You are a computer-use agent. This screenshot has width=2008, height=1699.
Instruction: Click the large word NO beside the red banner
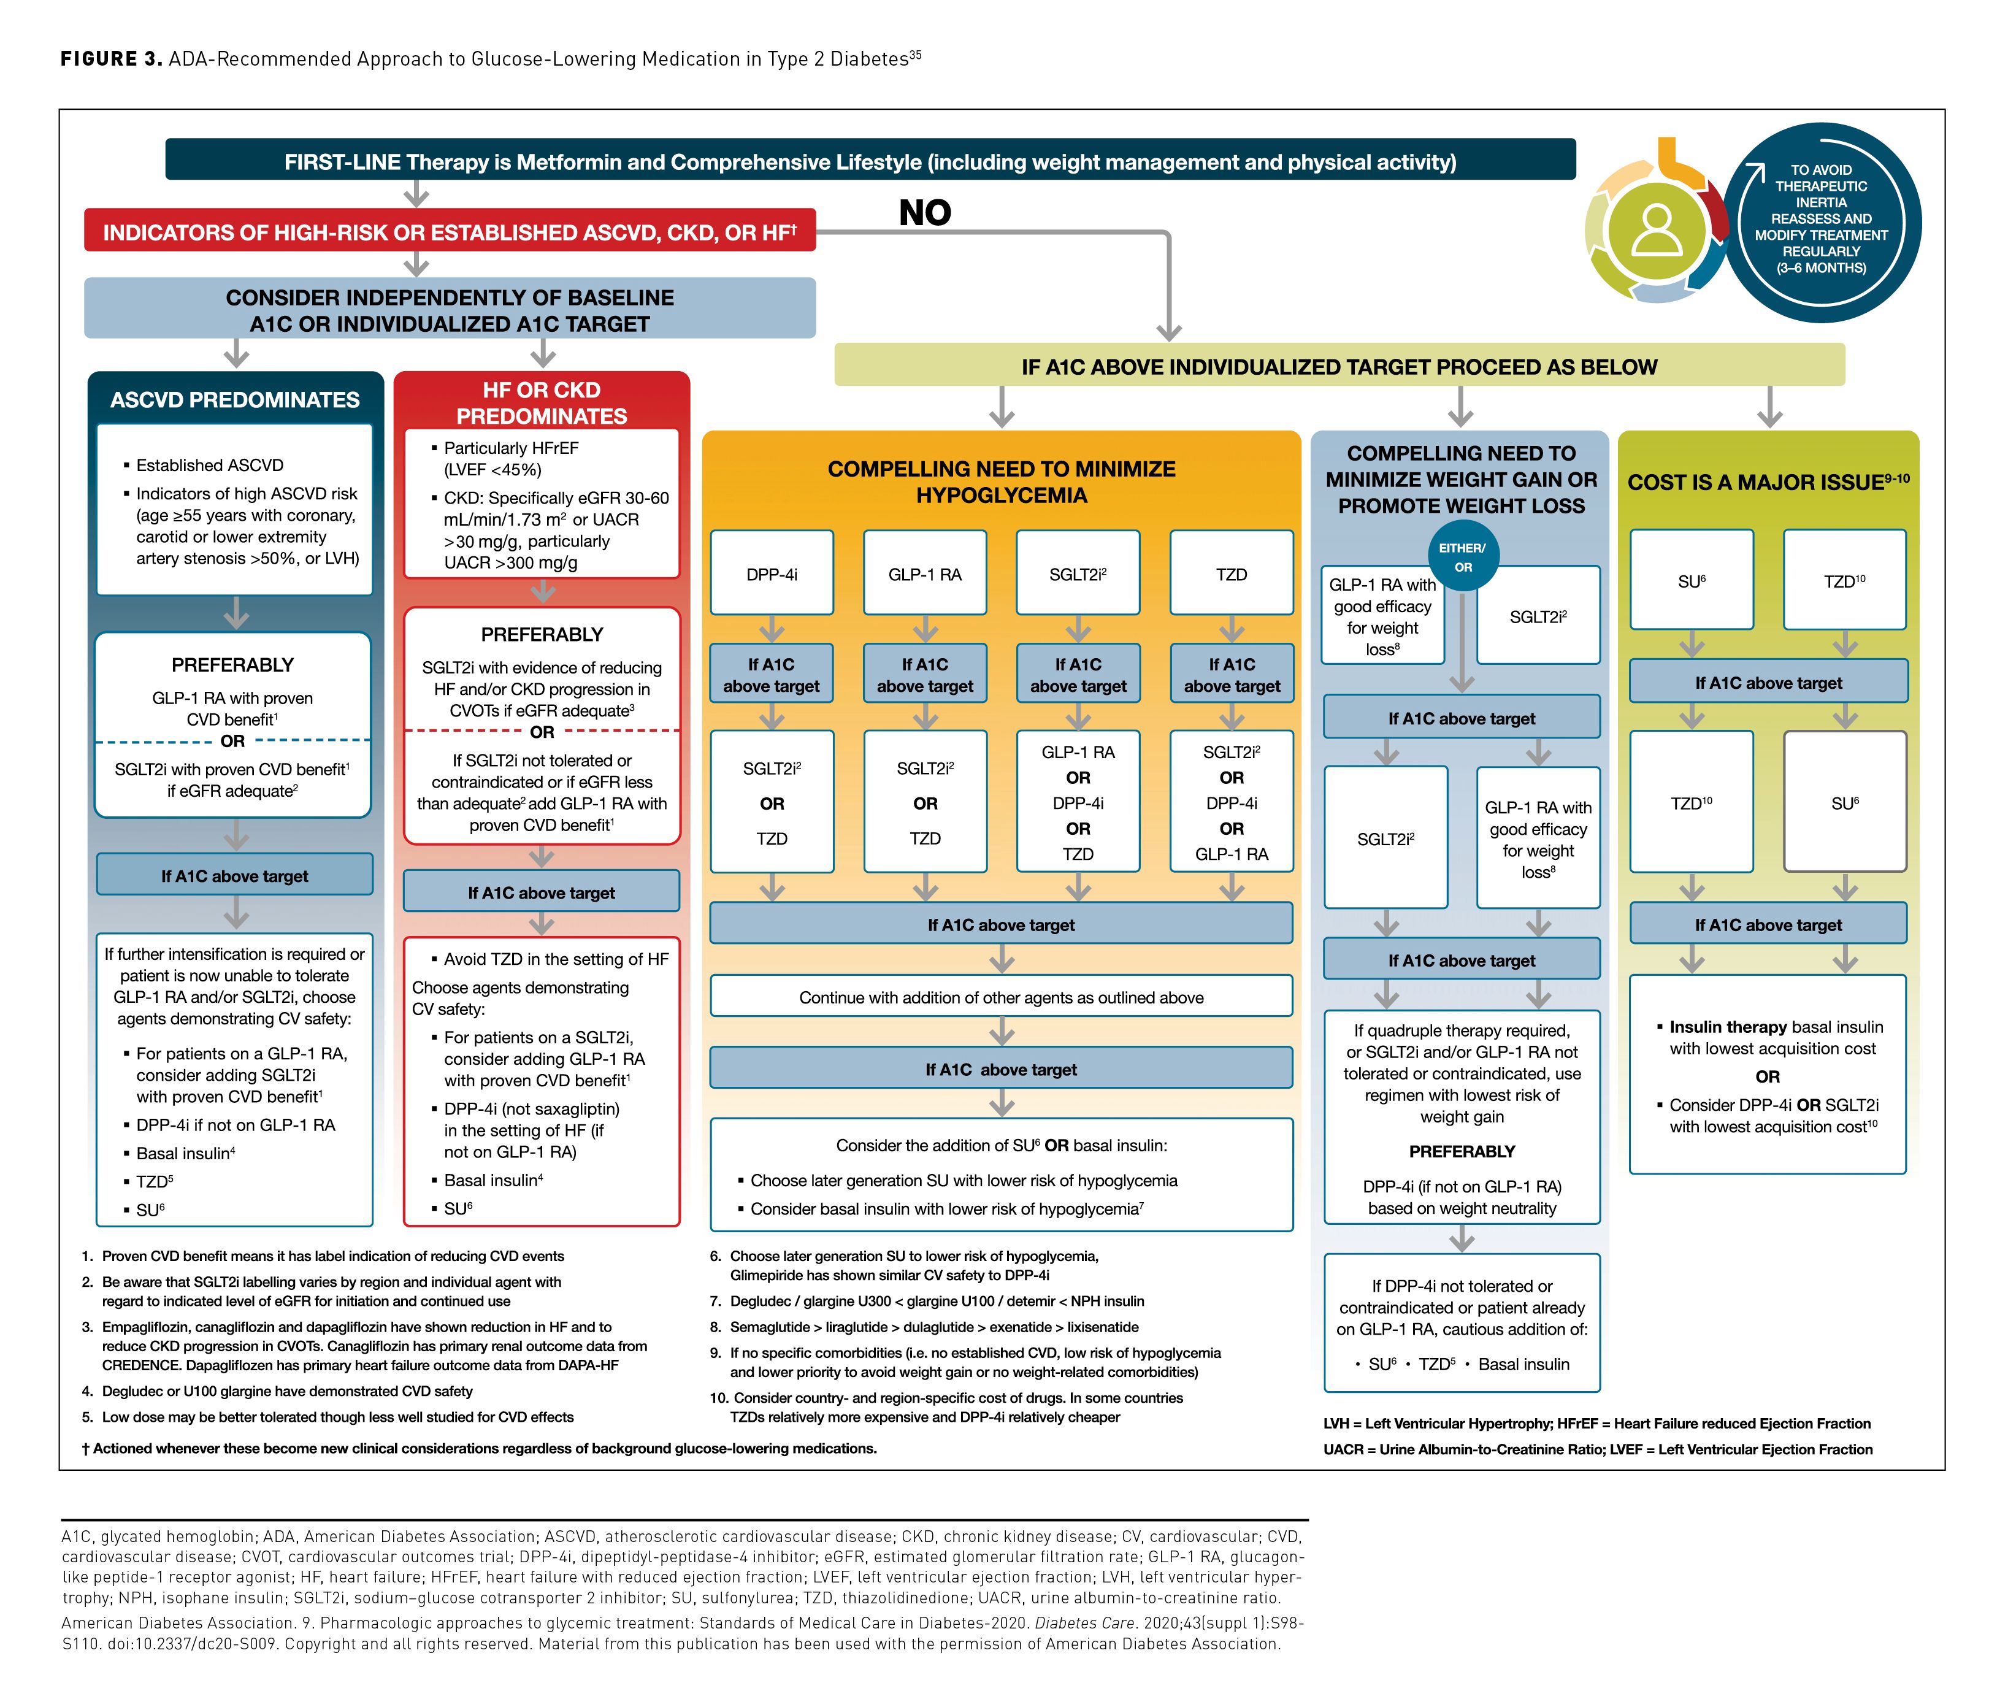click(x=924, y=213)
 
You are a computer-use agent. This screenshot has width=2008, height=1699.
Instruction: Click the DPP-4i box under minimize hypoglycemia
click(x=772, y=574)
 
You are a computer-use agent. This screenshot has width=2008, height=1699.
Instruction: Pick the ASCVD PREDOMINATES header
click(x=235, y=400)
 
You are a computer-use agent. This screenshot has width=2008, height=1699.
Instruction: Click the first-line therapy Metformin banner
click(x=870, y=162)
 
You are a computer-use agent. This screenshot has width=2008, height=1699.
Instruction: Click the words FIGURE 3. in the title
click(x=111, y=59)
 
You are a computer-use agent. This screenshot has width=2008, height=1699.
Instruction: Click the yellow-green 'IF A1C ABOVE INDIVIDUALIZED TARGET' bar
click(x=1339, y=367)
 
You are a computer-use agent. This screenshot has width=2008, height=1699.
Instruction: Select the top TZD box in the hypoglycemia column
click(x=1231, y=574)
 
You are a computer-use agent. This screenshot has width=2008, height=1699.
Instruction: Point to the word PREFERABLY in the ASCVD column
click(x=232, y=665)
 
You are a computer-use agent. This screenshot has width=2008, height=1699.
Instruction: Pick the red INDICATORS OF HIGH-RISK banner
click(x=449, y=232)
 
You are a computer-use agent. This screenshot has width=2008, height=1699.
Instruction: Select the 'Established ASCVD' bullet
click(x=209, y=465)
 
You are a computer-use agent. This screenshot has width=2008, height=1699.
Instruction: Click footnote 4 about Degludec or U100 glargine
click(x=287, y=1391)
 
